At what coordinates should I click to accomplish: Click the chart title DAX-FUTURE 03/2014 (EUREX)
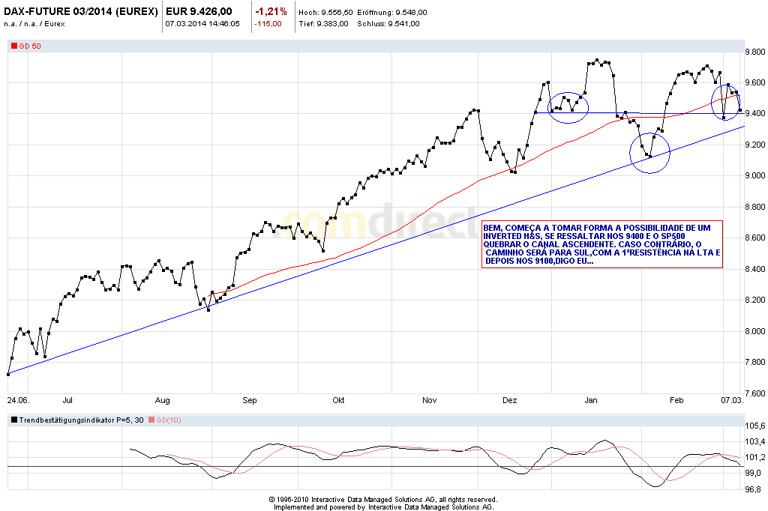[80, 12]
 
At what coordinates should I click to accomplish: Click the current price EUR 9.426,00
[199, 12]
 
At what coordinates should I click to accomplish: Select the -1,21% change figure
[271, 12]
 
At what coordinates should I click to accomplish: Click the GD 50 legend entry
[31, 46]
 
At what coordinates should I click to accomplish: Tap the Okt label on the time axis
[338, 401]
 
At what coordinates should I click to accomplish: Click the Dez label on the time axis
[510, 401]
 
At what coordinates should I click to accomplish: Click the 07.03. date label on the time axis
[732, 401]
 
